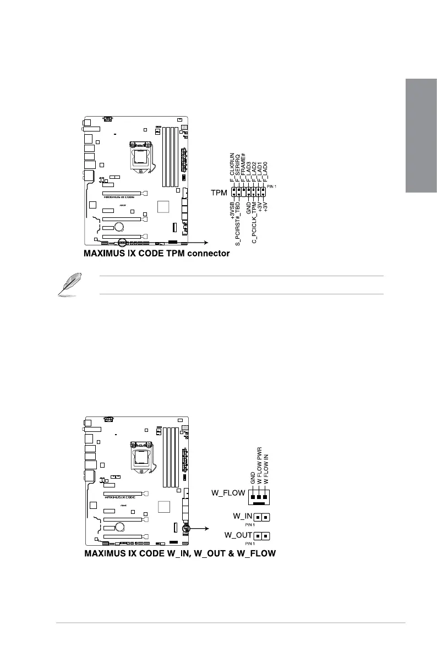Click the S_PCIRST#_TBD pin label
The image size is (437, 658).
click(x=238, y=220)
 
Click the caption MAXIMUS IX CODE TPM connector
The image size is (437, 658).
click(x=156, y=254)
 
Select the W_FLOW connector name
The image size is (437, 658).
click(x=228, y=493)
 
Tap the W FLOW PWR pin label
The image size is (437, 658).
click(x=260, y=466)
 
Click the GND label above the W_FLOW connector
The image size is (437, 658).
click(x=254, y=478)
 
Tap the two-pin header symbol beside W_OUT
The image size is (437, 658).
click(x=262, y=535)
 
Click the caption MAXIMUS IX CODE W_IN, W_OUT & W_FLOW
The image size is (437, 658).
click(x=179, y=552)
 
